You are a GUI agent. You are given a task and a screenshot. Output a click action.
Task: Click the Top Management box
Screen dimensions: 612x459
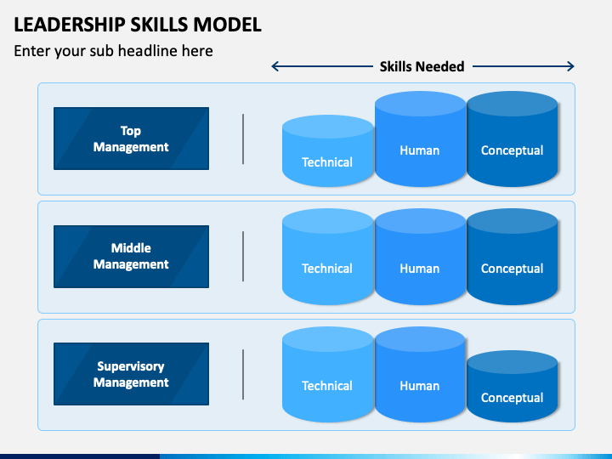click(x=131, y=139)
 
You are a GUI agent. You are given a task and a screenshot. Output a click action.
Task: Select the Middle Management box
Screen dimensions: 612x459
click(x=131, y=257)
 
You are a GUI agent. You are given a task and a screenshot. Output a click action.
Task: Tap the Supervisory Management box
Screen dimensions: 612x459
click(x=131, y=374)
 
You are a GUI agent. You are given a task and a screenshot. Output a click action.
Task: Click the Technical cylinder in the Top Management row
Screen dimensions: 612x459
click(x=328, y=150)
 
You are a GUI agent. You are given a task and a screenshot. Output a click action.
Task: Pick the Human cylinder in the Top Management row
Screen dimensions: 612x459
click(x=421, y=139)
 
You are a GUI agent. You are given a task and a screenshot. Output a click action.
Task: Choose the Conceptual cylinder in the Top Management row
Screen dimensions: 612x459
click(x=512, y=139)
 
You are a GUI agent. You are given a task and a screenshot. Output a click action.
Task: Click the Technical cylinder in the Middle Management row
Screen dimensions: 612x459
click(x=328, y=257)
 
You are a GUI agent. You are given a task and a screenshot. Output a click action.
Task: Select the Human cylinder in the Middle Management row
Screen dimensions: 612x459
click(x=421, y=257)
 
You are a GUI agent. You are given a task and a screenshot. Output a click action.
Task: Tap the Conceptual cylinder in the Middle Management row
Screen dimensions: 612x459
click(x=512, y=257)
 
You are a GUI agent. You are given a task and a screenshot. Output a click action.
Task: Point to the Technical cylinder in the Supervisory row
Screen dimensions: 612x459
click(x=328, y=374)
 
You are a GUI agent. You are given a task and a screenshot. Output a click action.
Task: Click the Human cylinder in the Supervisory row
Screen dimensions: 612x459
click(x=421, y=374)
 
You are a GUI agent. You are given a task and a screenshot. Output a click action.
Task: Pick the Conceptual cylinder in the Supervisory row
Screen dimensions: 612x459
click(x=512, y=386)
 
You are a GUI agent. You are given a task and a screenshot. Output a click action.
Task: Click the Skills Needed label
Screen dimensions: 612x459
click(x=422, y=66)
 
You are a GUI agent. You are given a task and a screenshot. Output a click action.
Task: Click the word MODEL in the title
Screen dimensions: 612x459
click(x=228, y=25)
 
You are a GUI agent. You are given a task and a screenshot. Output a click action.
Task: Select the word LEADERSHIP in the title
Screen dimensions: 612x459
click(x=69, y=25)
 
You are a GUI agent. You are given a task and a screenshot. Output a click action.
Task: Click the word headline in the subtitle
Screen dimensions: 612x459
click(x=166, y=51)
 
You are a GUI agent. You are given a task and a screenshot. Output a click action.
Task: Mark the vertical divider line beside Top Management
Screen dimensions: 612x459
click(x=243, y=139)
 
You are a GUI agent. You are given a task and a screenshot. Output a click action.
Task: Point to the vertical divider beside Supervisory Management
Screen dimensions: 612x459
click(x=243, y=374)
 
